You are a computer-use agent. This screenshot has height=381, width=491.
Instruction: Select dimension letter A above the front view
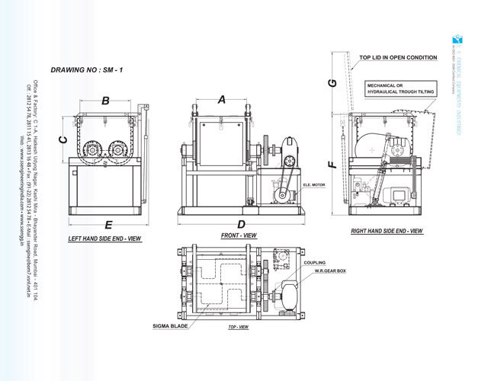coord(222,100)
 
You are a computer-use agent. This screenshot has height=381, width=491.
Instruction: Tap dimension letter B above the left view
coord(106,101)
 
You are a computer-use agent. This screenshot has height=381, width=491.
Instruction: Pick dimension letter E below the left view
coord(108,225)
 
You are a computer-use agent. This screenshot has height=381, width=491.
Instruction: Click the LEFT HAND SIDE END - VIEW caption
coord(104,239)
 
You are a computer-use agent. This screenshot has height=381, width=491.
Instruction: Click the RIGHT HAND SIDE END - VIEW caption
coord(386,229)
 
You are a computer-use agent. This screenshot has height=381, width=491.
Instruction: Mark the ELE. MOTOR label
coord(315,184)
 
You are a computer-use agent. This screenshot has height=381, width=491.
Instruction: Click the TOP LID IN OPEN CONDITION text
coord(398,57)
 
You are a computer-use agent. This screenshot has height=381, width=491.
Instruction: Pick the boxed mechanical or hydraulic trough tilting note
coord(400,88)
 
